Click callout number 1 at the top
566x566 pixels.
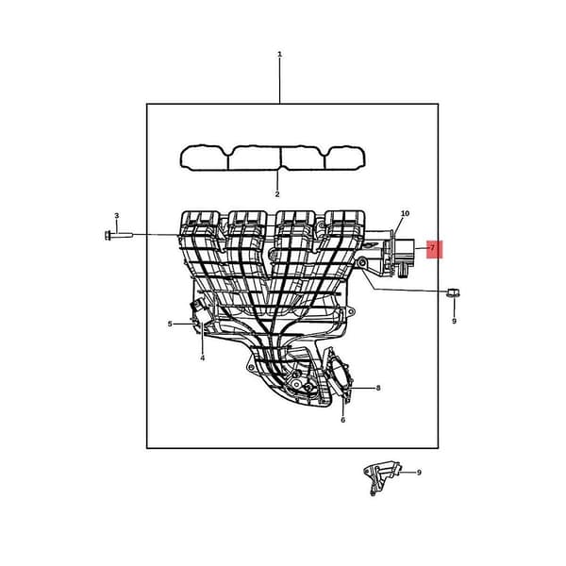279,55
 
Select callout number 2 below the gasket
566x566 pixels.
276,194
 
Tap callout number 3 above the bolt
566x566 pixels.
117,215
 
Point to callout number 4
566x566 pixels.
202,358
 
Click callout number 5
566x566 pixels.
170,325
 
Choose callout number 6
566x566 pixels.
343,420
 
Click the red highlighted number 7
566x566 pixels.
434,249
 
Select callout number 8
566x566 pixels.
378,389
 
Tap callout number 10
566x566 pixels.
405,213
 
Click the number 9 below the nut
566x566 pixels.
454,321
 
